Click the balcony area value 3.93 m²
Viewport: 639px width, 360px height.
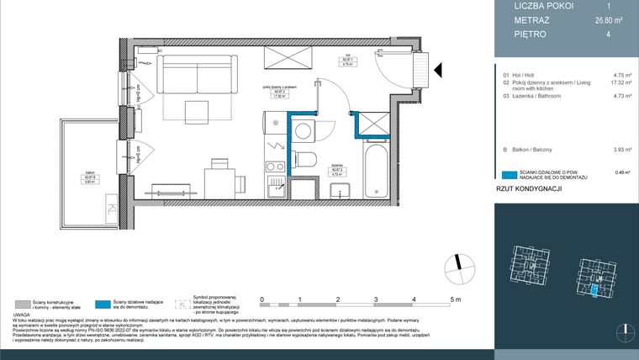(623, 149)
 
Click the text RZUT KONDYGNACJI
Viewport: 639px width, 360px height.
(529, 190)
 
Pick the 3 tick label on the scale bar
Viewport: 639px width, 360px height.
(376, 299)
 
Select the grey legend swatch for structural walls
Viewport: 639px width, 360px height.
(23, 303)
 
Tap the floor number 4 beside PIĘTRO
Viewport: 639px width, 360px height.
(622, 34)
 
